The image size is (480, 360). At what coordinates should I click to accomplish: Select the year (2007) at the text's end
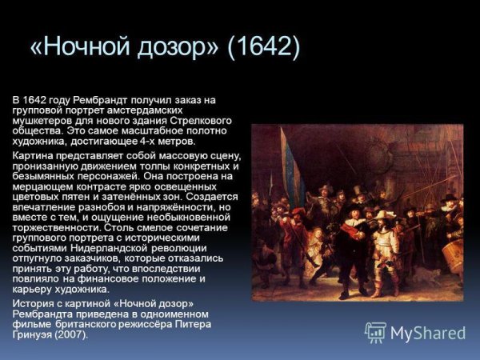point(69,334)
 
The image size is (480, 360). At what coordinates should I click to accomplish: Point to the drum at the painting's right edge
point(453,254)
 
